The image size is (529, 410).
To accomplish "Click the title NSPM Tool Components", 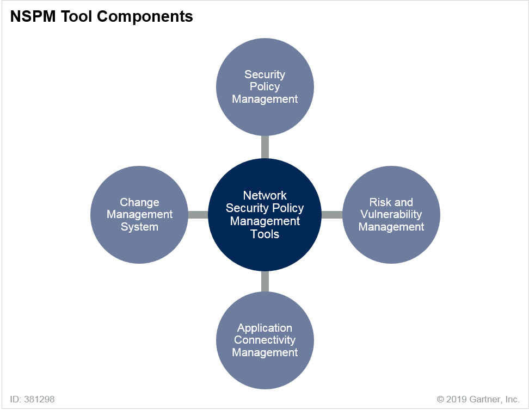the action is click(102, 16).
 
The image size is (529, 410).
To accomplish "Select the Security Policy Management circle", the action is click(265, 87).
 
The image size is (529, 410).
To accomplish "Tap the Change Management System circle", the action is click(139, 215).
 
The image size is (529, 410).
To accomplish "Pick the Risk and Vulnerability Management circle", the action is click(391, 215).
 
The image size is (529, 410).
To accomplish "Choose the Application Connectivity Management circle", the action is click(265, 340).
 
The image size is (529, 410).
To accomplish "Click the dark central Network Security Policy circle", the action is click(265, 215).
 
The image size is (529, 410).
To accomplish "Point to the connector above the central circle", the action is click(265, 147).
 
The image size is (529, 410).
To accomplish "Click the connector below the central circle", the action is click(265, 282).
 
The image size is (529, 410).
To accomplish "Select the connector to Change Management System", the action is click(198, 215).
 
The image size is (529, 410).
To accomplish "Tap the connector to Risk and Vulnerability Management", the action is click(332, 215).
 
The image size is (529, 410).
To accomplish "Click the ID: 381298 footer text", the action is click(33, 399).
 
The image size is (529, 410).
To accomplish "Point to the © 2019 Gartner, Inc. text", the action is click(478, 399).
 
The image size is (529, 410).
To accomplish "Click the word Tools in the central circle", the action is click(265, 234).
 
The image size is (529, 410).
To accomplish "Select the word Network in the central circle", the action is click(265, 196).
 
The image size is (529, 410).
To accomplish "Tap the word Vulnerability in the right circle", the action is click(391, 214).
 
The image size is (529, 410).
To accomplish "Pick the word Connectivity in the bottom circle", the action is click(265, 340).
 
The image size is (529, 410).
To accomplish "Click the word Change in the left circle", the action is click(139, 202).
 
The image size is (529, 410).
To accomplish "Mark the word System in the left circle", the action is click(139, 227).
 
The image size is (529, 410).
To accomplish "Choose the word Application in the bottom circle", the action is click(265, 328).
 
